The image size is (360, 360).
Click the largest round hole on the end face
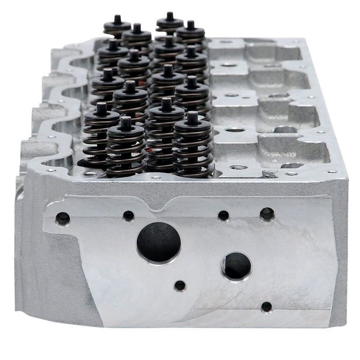tap(158, 242)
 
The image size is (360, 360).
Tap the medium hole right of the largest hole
tap(236, 265)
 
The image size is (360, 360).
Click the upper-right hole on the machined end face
tap(267, 212)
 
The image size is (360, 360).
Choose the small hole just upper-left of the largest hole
tap(128, 214)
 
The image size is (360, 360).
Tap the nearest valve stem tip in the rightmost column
tap(192, 116)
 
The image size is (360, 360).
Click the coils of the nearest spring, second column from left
tap(126, 153)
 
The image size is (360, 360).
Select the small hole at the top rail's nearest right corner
tap(333, 171)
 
